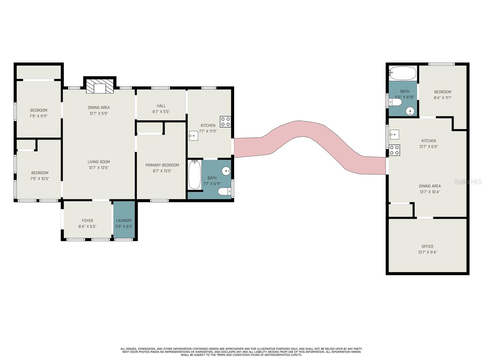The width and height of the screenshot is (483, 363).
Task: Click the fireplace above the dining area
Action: pos(100,86)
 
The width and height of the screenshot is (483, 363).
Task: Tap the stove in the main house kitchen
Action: pos(225,121)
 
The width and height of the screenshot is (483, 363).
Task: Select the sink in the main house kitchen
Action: pos(194,136)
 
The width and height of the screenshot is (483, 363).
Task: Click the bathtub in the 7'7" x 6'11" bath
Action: pos(194,174)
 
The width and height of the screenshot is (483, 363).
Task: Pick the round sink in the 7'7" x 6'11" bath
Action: pos(226,171)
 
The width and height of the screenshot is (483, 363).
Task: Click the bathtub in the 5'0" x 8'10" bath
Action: pos(402,73)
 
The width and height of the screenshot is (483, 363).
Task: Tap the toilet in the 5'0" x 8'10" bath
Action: pos(395,102)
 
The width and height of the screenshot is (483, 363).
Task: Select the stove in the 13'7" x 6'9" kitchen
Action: pos(394,150)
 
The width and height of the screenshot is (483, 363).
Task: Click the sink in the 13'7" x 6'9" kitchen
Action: pos(394,134)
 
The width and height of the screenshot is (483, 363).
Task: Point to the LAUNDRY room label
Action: pos(124,221)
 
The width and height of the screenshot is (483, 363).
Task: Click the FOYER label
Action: pos(87,221)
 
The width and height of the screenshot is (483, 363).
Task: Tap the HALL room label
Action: pos(161,106)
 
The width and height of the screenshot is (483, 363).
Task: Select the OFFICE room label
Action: pos(427,247)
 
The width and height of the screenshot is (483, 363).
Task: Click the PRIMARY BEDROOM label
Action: pos(162,165)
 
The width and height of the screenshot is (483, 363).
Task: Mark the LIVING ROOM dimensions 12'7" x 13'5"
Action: pos(99,168)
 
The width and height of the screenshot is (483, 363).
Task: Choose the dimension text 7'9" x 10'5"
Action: pos(40,178)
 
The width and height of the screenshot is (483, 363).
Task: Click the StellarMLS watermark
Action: pos(468,181)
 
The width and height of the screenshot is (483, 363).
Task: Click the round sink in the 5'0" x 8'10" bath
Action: pos(410,111)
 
